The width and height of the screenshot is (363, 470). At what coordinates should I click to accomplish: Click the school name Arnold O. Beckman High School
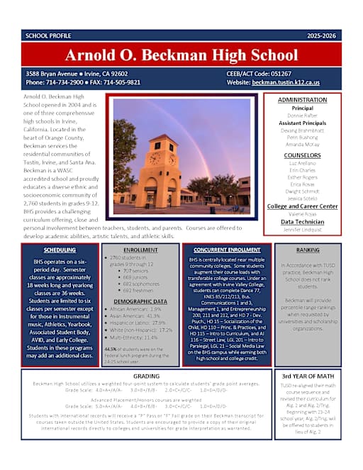point(181,55)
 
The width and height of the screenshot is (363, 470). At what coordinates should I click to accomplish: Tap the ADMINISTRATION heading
point(307,100)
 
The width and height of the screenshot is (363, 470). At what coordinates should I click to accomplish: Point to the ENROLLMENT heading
point(140,250)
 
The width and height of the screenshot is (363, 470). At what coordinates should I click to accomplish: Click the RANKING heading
point(307,250)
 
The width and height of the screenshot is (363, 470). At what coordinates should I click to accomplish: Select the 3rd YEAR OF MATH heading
point(307,376)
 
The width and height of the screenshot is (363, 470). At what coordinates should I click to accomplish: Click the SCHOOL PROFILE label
point(47,35)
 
